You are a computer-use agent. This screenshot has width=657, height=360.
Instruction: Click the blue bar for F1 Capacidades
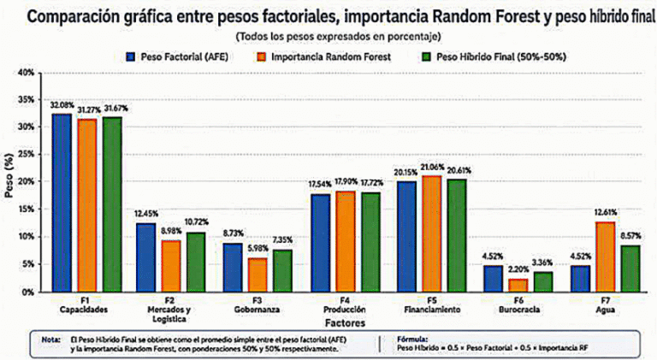click(62, 203)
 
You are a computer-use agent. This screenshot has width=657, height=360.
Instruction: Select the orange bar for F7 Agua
click(606, 257)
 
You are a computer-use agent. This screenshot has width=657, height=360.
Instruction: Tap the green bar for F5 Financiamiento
click(457, 236)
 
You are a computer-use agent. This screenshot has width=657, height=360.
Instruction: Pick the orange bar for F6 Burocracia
click(518, 286)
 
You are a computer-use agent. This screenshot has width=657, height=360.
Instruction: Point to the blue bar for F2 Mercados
click(145, 257)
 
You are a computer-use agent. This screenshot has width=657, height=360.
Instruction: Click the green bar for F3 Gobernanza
click(282, 271)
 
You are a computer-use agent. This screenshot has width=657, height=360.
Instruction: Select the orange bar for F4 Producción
click(345, 241)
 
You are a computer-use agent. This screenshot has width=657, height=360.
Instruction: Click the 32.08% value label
click(62, 105)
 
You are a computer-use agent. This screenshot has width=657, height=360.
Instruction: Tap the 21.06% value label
click(432, 168)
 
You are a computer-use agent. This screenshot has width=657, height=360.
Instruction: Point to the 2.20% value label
click(518, 270)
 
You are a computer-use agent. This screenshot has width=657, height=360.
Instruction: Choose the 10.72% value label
click(196, 221)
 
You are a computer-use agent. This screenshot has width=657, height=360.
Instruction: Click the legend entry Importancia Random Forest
click(331, 57)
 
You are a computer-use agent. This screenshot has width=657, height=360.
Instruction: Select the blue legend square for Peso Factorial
click(131, 57)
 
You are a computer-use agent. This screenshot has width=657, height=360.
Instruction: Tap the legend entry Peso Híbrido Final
click(501, 57)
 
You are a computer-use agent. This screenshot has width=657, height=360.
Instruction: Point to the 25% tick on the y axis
click(26, 154)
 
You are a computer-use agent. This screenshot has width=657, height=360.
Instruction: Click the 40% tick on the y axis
click(26, 73)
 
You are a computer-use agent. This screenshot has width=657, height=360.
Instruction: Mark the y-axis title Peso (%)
click(9, 175)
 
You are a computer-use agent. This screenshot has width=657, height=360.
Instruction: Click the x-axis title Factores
click(345, 323)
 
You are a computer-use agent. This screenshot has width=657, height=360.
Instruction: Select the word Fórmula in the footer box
click(411, 339)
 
